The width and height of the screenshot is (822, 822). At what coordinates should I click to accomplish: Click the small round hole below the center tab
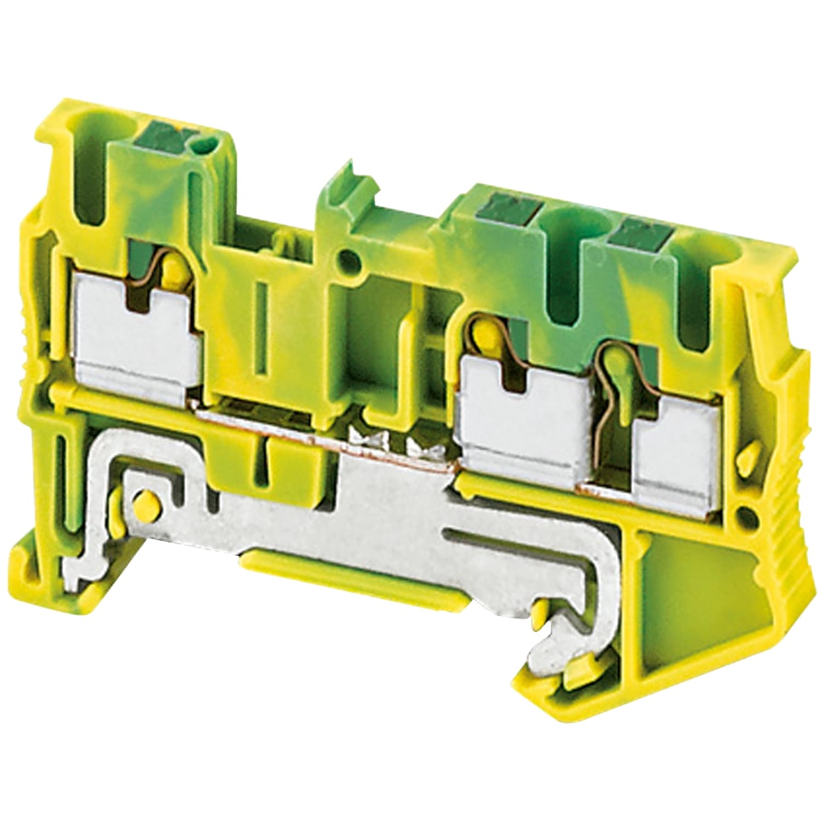(x=347, y=256)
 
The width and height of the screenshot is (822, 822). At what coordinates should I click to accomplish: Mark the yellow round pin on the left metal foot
(x=145, y=501)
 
